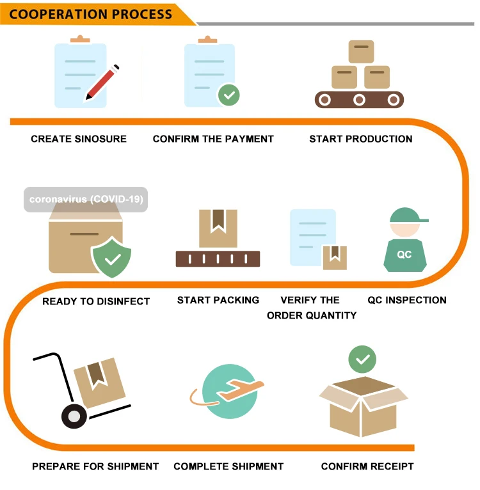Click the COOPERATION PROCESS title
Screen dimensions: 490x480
(91, 13)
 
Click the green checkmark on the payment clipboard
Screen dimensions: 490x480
(228, 95)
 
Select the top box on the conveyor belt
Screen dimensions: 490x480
(361, 51)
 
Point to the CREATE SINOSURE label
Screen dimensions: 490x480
(79, 139)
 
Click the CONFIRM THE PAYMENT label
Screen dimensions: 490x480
(213, 139)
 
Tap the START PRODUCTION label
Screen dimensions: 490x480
(361, 139)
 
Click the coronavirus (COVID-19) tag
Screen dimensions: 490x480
(86, 199)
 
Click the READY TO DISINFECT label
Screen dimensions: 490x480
(96, 301)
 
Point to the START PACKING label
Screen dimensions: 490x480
(218, 300)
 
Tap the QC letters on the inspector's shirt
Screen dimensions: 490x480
(404, 255)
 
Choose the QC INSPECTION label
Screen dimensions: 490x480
(407, 300)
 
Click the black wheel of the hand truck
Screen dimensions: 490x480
(74, 416)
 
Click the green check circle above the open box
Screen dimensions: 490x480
(362, 360)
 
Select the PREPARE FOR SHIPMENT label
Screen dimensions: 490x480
(95, 466)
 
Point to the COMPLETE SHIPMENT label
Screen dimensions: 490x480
(228, 466)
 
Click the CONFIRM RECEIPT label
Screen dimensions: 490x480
(367, 466)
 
